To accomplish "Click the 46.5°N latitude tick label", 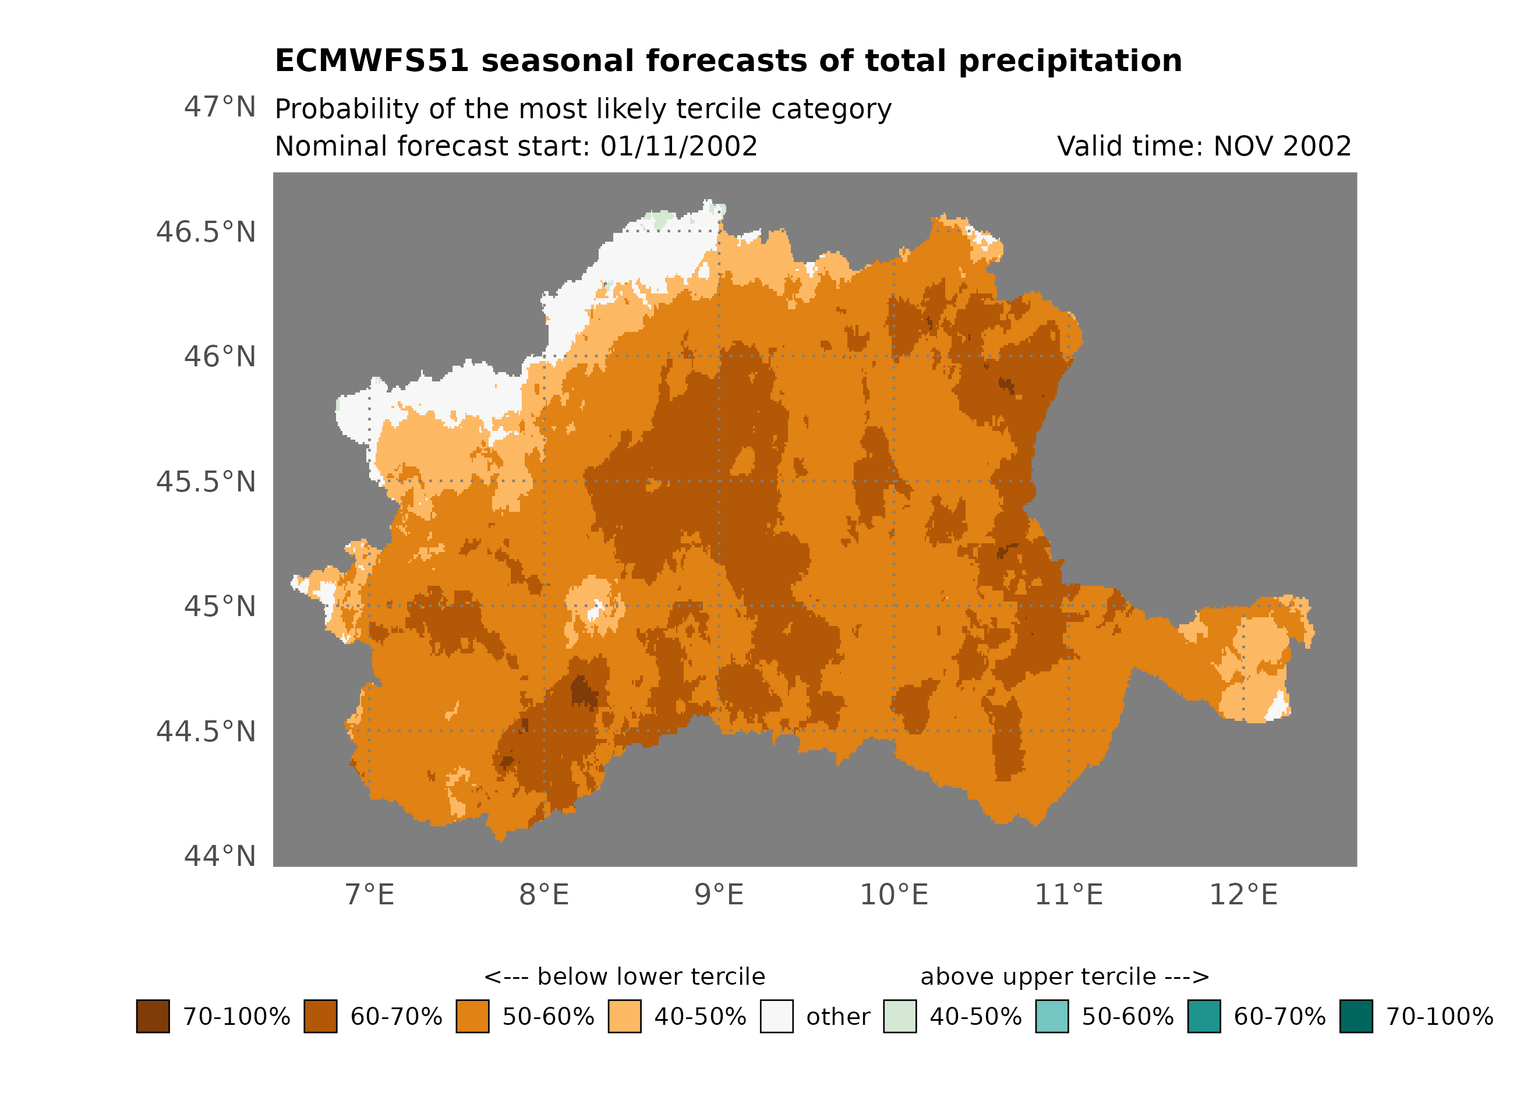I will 206,232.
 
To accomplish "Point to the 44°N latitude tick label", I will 220,856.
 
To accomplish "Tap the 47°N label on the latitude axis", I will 220,107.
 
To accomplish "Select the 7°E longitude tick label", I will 370,894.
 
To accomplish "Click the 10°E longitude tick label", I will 893,894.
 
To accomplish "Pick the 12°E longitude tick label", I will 1243,894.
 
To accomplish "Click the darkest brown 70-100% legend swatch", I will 153,1016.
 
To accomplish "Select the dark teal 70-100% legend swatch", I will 1356,1016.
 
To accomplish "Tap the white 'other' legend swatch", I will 776,1016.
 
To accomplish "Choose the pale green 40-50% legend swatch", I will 899,1016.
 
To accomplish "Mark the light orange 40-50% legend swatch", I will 624,1016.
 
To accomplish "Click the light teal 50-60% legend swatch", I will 1051,1016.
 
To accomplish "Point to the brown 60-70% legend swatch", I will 320,1016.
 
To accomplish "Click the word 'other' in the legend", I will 838,1017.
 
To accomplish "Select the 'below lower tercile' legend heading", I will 624,977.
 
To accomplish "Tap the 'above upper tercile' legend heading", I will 1065,977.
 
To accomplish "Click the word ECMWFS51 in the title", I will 372,61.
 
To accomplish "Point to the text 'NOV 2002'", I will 1282,146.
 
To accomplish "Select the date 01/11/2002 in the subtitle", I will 678,146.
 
